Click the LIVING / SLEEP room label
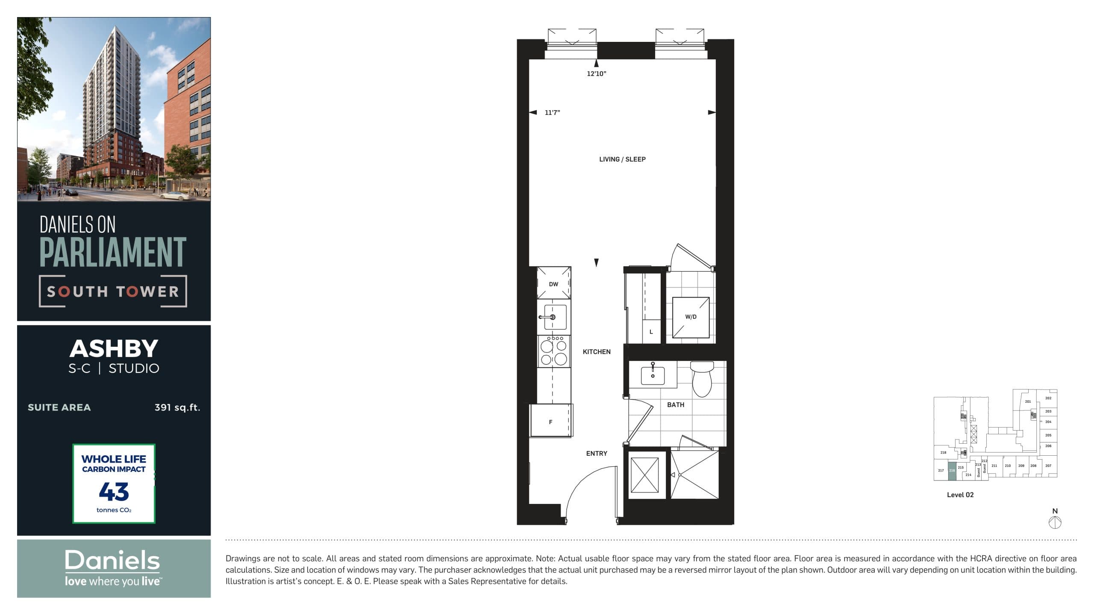(622, 159)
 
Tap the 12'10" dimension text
(596, 73)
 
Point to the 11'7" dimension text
(552, 113)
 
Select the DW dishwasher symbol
(553, 284)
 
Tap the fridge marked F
(551, 422)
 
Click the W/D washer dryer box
(691, 317)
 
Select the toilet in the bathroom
(702, 378)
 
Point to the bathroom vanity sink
(653, 375)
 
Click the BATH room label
(676, 404)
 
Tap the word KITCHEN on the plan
(597, 351)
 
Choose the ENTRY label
(597, 453)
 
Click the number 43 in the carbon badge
(114, 492)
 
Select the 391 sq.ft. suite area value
(177, 407)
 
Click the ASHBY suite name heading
(114, 348)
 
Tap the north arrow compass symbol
(1055, 522)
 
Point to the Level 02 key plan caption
(960, 495)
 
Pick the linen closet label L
(651, 332)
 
